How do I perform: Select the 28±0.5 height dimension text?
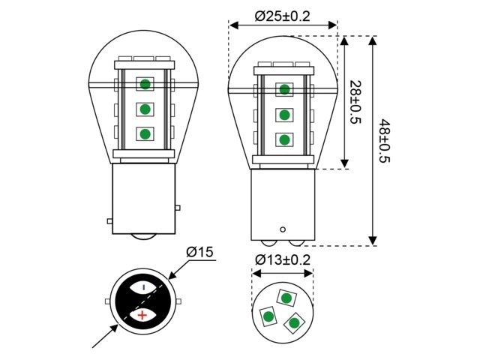355,102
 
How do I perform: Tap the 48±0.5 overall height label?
385,141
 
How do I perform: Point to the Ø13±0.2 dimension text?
283,260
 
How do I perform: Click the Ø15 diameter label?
199,253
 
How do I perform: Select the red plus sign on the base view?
141,316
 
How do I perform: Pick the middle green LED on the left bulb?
144,109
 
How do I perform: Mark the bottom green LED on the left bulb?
144,134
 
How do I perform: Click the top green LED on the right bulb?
284,90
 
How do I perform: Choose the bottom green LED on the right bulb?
284,139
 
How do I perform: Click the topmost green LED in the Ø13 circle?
285,298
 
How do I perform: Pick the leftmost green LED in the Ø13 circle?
267,317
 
